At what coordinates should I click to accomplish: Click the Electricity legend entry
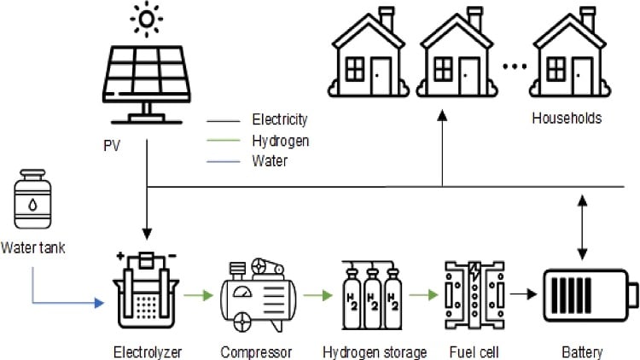pos(279,119)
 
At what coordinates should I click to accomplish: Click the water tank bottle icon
pos(31,203)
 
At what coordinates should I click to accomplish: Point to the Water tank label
pos(32,248)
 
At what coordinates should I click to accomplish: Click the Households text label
pos(566,119)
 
